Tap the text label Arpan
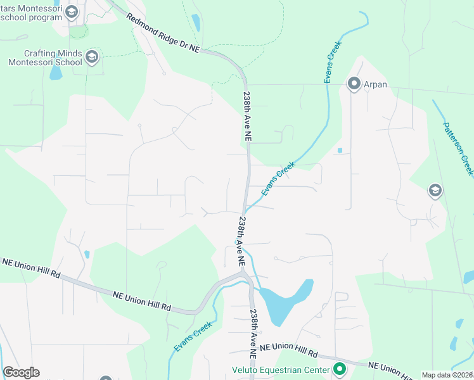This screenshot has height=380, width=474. (x=375, y=84)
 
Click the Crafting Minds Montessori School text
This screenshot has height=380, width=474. (x=45, y=58)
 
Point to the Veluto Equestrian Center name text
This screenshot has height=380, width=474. (x=279, y=370)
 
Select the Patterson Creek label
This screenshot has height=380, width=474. (x=458, y=149)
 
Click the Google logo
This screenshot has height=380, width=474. (x=21, y=372)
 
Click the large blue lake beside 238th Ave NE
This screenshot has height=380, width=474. (x=288, y=300)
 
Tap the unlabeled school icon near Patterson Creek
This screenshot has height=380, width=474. (x=435, y=190)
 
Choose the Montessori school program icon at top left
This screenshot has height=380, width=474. (x=71, y=12)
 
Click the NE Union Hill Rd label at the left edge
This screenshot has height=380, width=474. (x=30, y=268)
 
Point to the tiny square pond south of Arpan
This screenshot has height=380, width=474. (x=340, y=151)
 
